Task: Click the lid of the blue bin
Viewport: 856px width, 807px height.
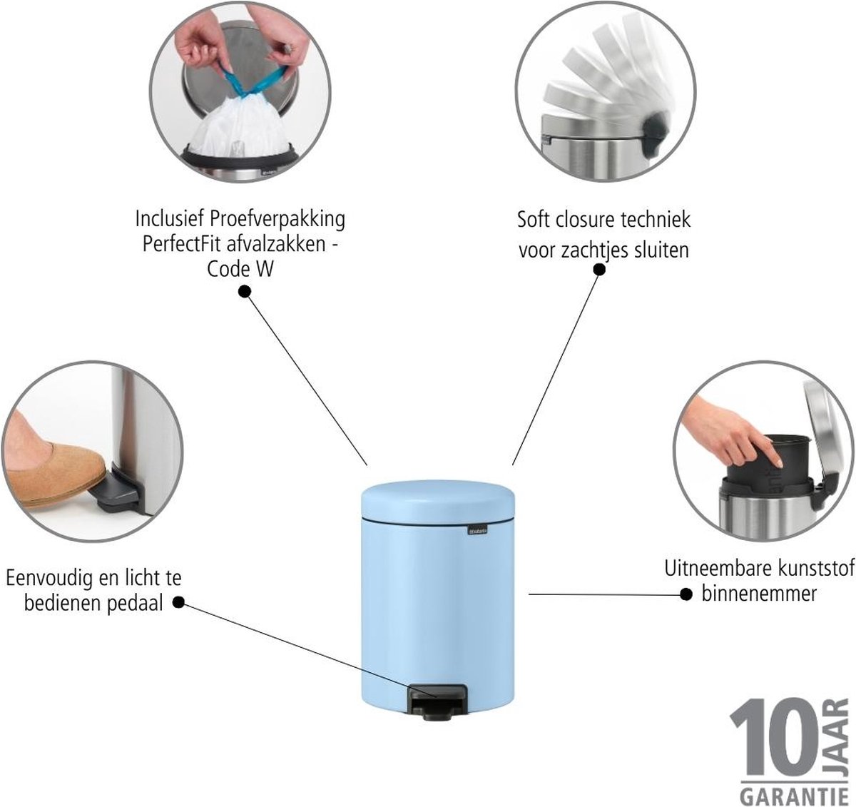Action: (438, 499)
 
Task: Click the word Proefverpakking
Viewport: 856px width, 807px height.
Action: (277, 220)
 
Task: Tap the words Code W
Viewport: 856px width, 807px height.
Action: (240, 269)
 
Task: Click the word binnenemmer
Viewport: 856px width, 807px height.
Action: (759, 594)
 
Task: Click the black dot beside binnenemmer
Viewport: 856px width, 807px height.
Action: (686, 595)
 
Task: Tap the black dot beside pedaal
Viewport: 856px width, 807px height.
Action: (178, 602)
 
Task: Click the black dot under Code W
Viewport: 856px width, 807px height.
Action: (245, 292)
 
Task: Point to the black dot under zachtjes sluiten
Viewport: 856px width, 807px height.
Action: (599, 270)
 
